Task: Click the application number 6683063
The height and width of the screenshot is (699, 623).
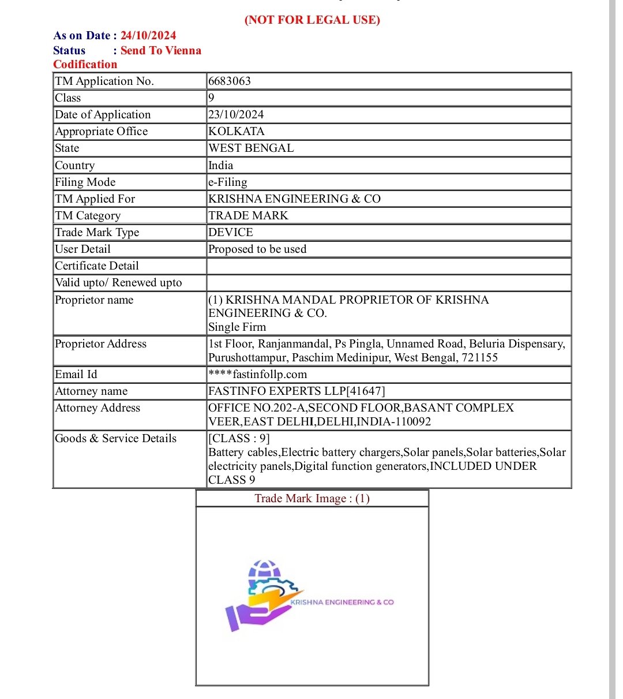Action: pyautogui.click(x=230, y=81)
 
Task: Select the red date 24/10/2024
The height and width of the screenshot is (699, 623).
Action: pyautogui.click(x=148, y=36)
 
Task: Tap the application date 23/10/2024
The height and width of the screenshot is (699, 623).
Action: pyautogui.click(x=236, y=115)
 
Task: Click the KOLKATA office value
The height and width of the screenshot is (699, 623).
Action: pyautogui.click(x=237, y=132)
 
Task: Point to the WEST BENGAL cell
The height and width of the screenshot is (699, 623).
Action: pyautogui.click(x=251, y=148)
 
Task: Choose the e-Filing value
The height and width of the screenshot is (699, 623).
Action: pyautogui.click(x=228, y=182)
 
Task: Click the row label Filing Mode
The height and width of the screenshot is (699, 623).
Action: pyautogui.click(x=85, y=182)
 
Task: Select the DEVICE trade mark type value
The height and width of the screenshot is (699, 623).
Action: pyautogui.click(x=231, y=233)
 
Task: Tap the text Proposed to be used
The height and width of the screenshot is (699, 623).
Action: pyautogui.click(x=257, y=249)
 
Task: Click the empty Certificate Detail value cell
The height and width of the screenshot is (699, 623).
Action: pyautogui.click(x=388, y=266)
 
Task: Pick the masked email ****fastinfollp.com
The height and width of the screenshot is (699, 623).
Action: pyautogui.click(x=258, y=375)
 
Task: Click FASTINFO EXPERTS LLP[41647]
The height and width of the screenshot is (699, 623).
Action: pyautogui.click(x=297, y=391)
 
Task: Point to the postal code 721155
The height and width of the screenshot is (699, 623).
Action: pyautogui.click(x=479, y=358)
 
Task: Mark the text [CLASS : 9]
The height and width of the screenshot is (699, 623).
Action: pyautogui.click(x=239, y=439)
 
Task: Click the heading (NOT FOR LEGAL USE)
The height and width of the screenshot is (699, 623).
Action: pyautogui.click(x=312, y=20)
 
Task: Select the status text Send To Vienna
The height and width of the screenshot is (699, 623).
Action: pyautogui.click(x=161, y=51)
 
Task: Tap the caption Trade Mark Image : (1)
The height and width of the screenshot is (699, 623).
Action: pyautogui.click(x=312, y=499)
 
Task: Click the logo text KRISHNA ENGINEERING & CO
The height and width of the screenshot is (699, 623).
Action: pyautogui.click(x=343, y=602)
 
